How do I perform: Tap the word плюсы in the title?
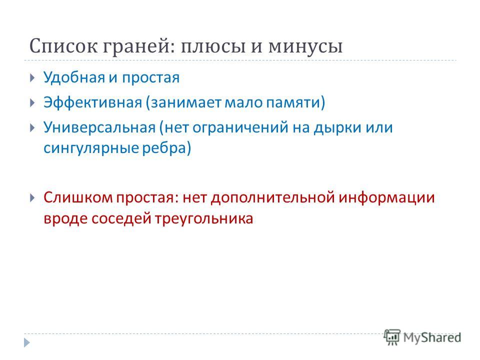pyautogui.click(x=213, y=47)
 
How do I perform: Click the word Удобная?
pyautogui.click(x=74, y=77)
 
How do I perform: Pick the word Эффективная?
pyautogui.click(x=93, y=102)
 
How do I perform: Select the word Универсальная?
pyautogui.click(x=99, y=127)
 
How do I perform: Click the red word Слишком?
pyautogui.click(x=78, y=197)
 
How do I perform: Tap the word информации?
pyautogui.click(x=386, y=198)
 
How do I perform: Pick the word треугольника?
pyautogui.click(x=204, y=219)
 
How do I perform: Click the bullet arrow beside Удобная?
pyautogui.click(x=33, y=77)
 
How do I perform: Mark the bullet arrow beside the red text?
pyautogui.click(x=33, y=198)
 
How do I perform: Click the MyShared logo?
pyautogui.click(x=422, y=337)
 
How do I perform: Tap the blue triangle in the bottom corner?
pyautogui.click(x=27, y=342)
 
